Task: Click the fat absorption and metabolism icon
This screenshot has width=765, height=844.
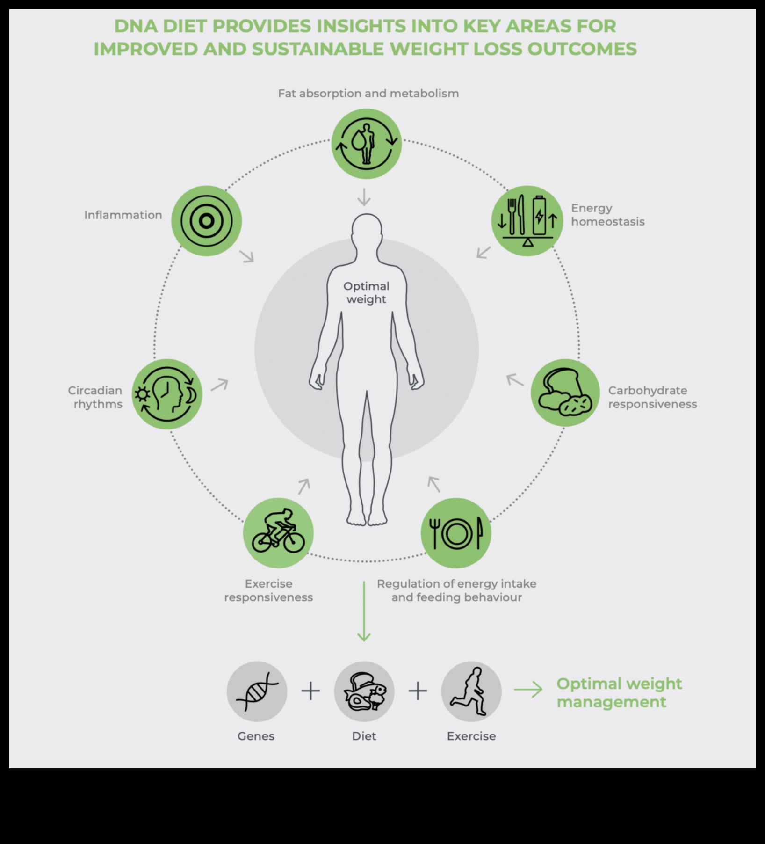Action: click(x=367, y=144)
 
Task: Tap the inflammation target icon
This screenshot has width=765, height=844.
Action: click(x=206, y=221)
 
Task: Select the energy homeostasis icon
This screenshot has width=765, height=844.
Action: click(x=527, y=221)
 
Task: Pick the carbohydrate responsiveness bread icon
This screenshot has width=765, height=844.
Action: click(x=565, y=393)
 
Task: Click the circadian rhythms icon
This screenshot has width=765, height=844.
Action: click(x=167, y=394)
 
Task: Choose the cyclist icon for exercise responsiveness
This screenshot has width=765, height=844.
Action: click(x=278, y=532)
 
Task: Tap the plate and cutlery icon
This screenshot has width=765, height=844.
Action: click(x=456, y=533)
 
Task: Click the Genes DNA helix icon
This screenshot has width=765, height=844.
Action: click(x=257, y=691)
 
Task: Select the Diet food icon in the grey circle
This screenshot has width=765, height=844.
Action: click(x=364, y=691)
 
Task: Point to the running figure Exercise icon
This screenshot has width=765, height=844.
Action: click(x=471, y=691)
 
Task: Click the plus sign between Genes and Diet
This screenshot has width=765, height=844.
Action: click(x=310, y=691)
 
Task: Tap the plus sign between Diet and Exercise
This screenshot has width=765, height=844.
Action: click(x=418, y=691)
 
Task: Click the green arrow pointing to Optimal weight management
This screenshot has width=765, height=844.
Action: click(x=528, y=690)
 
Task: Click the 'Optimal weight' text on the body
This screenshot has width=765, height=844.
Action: click(x=366, y=293)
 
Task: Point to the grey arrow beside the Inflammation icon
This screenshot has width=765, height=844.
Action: click(x=246, y=256)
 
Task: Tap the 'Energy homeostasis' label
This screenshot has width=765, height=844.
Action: click(x=607, y=215)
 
